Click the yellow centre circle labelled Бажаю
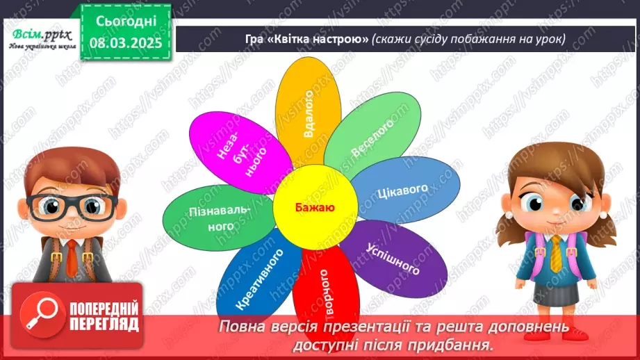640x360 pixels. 315,206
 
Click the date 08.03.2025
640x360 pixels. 126,42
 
